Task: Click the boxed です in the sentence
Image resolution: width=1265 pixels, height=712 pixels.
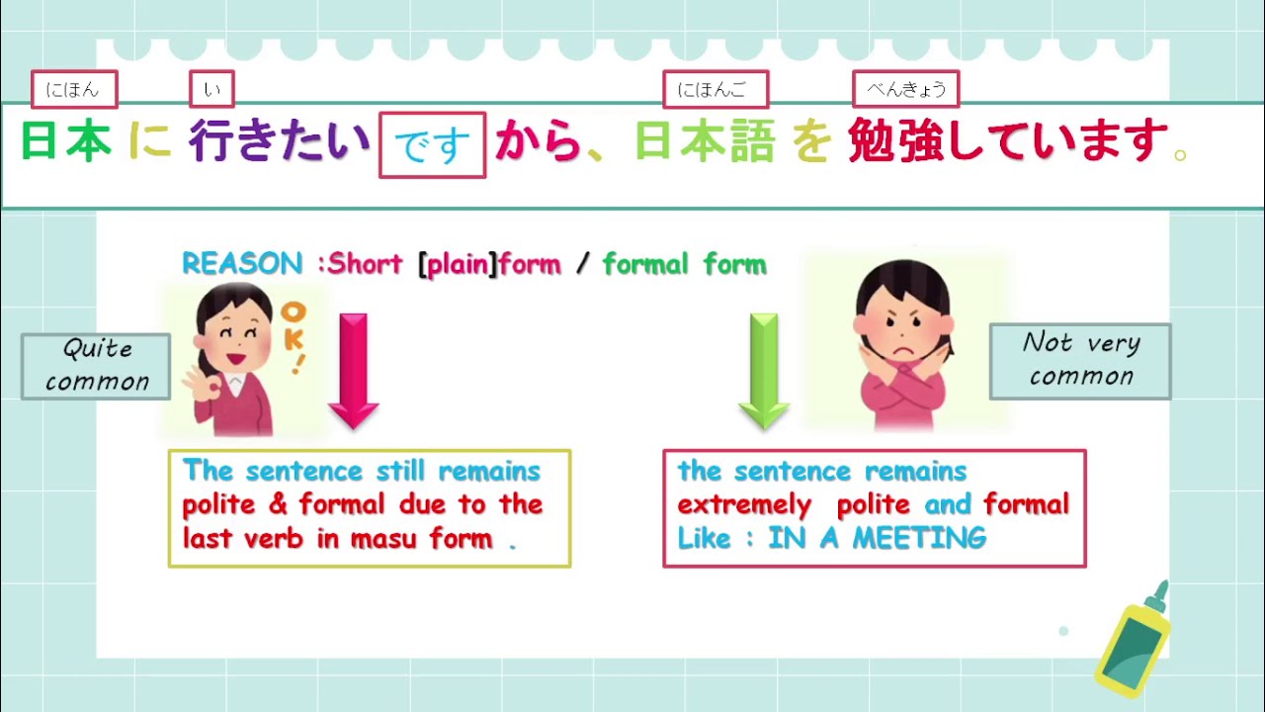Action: pyautogui.click(x=432, y=145)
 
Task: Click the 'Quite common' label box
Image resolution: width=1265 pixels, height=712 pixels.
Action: pyautogui.click(x=96, y=366)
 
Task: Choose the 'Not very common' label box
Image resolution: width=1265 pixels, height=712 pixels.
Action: pyautogui.click(x=1080, y=360)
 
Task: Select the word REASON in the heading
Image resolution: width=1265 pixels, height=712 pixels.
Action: pyautogui.click(x=242, y=264)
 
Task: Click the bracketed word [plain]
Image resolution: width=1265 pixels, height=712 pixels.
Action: pyautogui.click(x=458, y=265)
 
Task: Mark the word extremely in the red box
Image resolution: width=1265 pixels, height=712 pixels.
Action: pyautogui.click(x=744, y=504)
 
